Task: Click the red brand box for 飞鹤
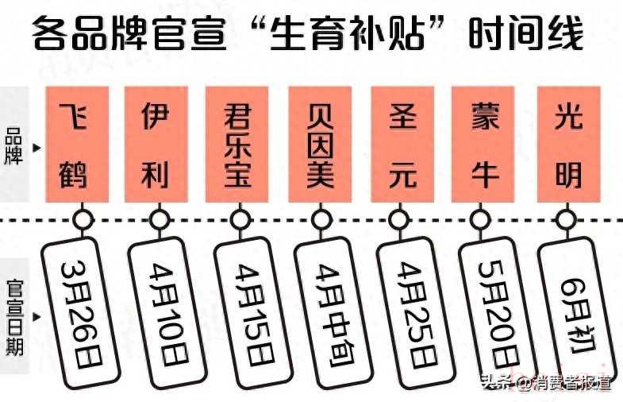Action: (74, 144)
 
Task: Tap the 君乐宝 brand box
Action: (237, 144)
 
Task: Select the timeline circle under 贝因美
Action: (320, 218)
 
